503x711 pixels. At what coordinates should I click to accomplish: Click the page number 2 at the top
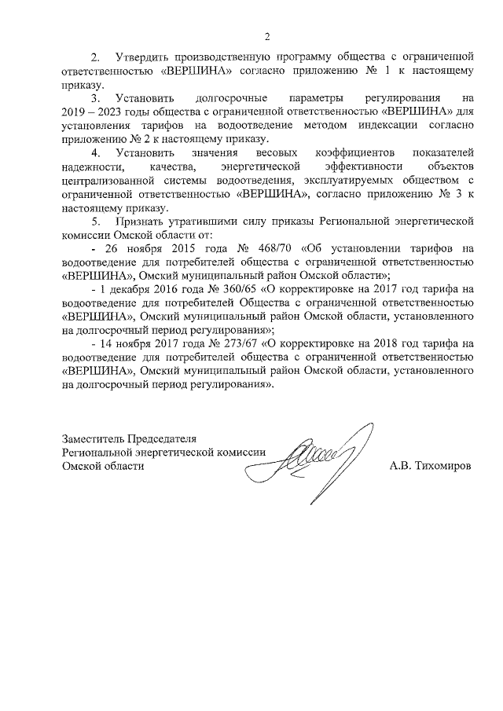[266, 37]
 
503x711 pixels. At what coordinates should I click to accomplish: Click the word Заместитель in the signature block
[94, 438]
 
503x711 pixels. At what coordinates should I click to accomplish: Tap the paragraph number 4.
[95, 153]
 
